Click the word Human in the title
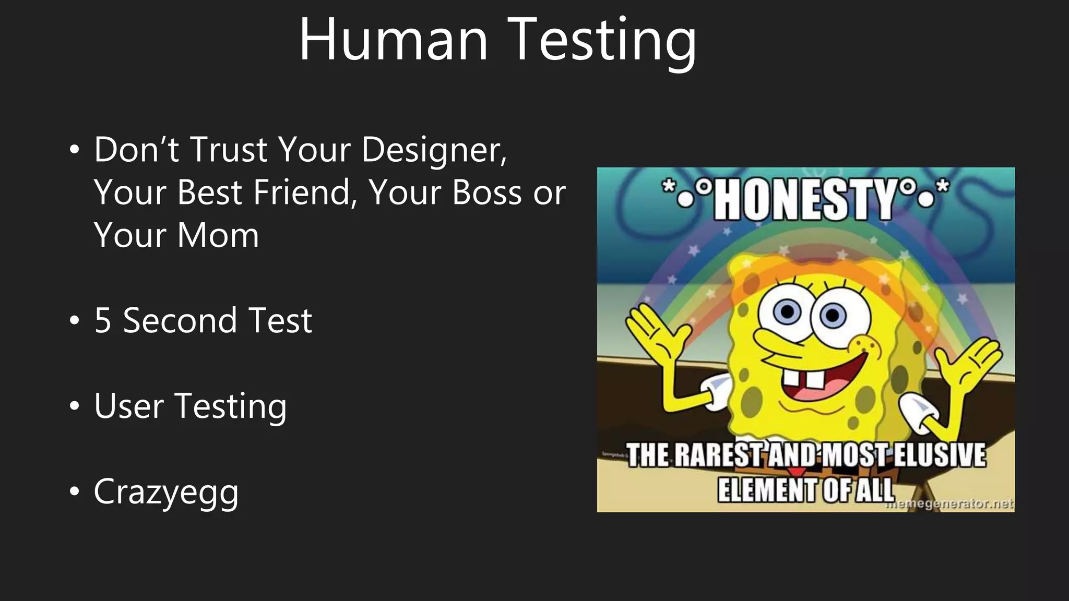tap(393, 41)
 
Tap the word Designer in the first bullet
tap(434, 150)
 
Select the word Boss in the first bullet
tap(486, 193)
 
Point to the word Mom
tap(218, 235)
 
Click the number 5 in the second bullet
tap(103, 320)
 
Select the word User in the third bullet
tap(128, 406)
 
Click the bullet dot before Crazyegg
tap(75, 491)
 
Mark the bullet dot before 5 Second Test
tap(75, 320)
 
